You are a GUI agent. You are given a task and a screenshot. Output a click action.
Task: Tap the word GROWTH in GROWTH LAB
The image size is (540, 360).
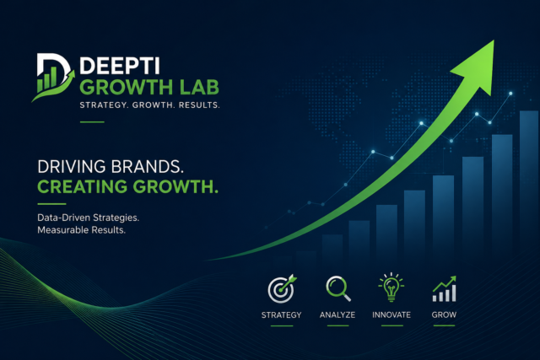tap(121, 87)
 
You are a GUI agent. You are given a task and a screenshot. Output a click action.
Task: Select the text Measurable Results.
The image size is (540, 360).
tap(81, 230)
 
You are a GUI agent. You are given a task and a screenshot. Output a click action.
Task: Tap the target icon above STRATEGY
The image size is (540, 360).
tap(281, 289)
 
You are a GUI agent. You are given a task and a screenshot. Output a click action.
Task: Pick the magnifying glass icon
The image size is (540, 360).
tap(338, 289)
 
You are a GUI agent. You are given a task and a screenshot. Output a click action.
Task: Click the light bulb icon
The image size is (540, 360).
tap(391, 288)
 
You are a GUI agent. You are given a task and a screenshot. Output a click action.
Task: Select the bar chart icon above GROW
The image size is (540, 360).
tap(444, 289)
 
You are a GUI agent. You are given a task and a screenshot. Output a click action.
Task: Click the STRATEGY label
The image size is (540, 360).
tap(281, 314)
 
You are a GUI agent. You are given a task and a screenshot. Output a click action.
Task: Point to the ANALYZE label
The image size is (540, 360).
tap(337, 314)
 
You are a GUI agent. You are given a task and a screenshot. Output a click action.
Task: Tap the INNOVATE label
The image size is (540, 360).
tap(391, 314)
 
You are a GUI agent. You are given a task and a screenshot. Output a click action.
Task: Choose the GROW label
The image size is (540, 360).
tap(444, 314)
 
